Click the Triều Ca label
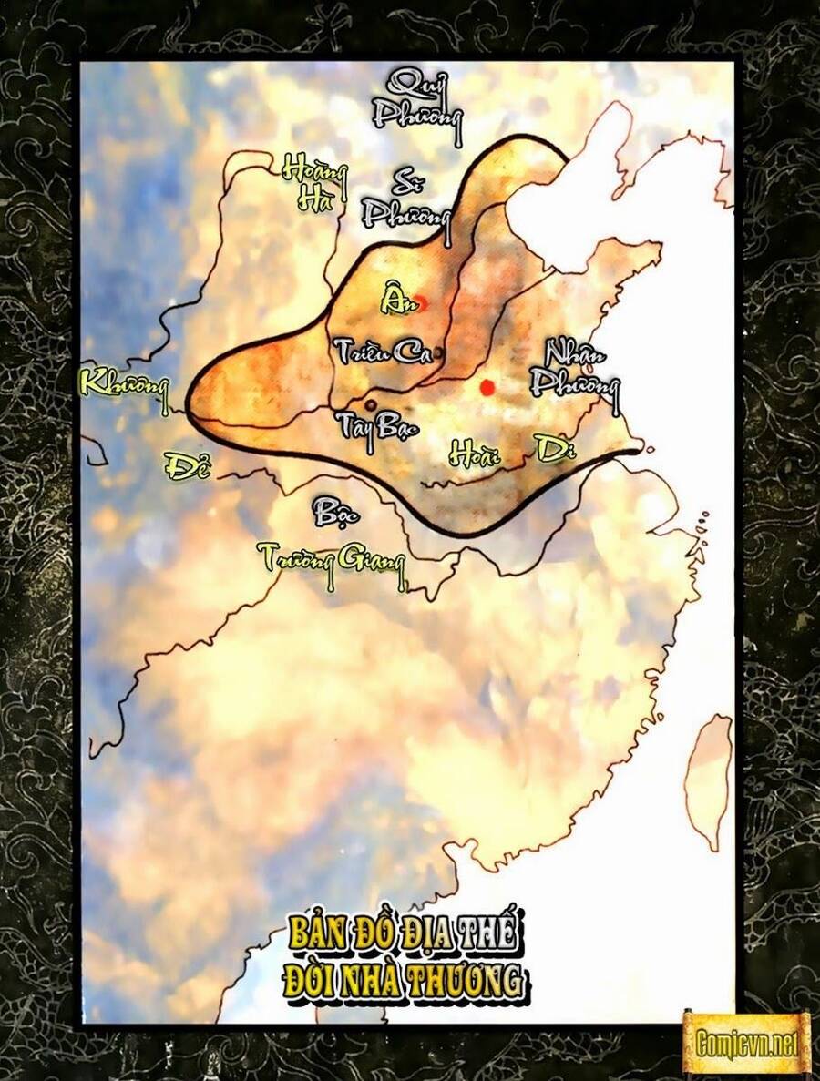(x=383, y=352)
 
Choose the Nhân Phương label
(x=574, y=368)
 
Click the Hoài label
(x=475, y=451)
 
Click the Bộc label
(x=335, y=512)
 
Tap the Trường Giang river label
(x=331, y=557)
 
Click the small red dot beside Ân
(x=421, y=303)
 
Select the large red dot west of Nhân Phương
(x=487, y=387)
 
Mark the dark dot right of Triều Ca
(x=440, y=352)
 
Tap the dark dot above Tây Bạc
(x=370, y=403)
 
